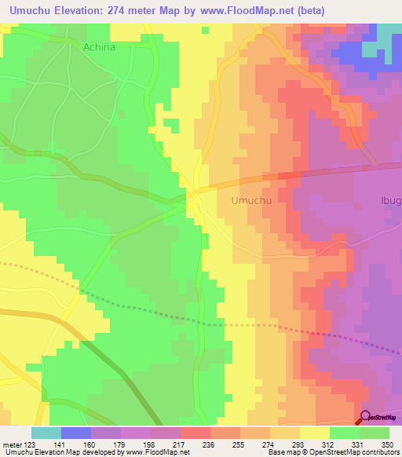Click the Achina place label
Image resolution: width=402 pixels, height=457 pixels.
99,47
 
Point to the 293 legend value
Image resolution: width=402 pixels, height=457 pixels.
298,444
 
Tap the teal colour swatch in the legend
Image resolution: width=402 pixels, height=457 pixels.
46,433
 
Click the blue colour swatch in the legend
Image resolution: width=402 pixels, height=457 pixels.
76,433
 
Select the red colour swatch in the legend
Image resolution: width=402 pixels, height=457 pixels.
196,433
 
